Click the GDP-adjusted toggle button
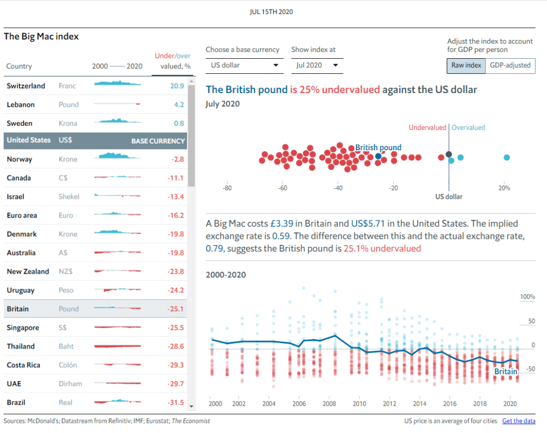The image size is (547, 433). [511, 65]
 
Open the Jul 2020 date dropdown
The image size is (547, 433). [317, 65]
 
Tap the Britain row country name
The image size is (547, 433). [18, 309]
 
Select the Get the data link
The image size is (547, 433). [519, 421]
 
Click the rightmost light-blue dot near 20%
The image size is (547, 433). [506, 157]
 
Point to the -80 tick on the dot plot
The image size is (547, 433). [227, 188]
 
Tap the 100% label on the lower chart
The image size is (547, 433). [528, 297]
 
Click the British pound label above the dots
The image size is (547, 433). [378, 148]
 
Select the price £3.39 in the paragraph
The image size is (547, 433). [280, 223]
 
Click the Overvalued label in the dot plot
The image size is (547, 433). [468, 128]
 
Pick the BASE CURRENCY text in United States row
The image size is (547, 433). [158, 141]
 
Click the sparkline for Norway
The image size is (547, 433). [117, 158]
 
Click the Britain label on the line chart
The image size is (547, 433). [505, 372]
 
